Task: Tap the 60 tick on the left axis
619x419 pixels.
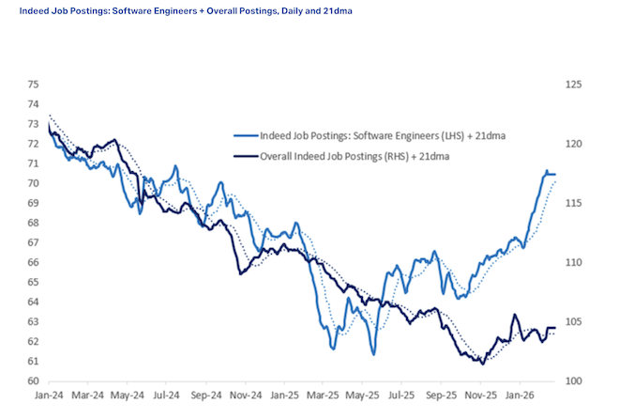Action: coord(33,381)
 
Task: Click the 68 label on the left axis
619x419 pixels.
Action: coord(33,223)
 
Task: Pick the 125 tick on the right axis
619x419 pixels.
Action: coord(574,84)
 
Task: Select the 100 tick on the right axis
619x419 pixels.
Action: coord(574,381)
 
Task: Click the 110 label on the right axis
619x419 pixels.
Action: coord(574,262)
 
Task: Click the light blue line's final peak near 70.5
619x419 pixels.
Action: coord(546,171)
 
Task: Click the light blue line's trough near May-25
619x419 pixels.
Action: coord(373,354)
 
